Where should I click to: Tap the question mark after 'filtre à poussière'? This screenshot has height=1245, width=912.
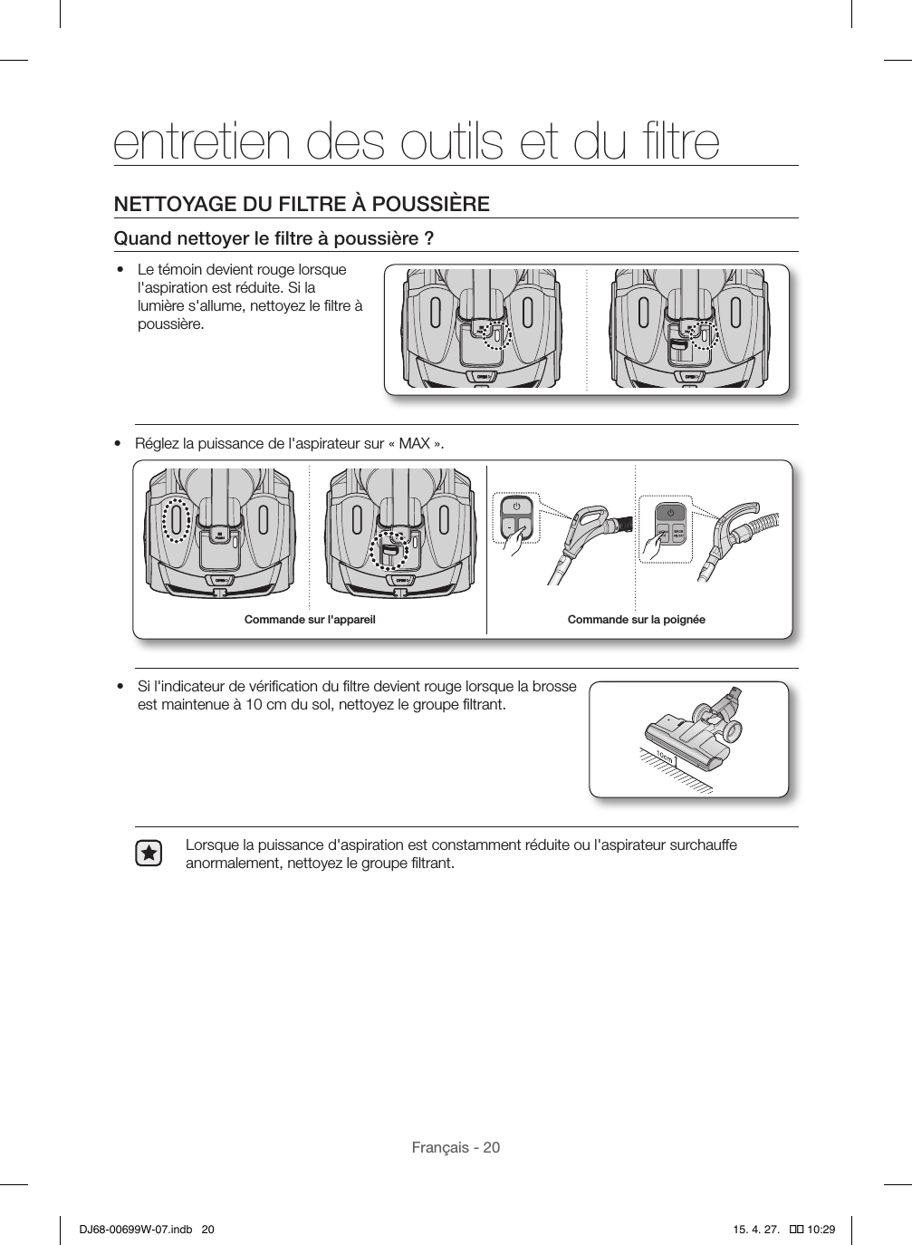pyautogui.click(x=427, y=239)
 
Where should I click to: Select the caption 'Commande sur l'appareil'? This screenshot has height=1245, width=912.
pyautogui.click(x=310, y=620)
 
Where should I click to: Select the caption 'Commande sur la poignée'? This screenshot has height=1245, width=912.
pyautogui.click(x=636, y=620)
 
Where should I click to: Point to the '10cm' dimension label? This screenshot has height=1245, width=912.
pyautogui.click(x=665, y=755)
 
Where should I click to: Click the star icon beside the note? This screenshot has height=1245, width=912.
pyautogui.click(x=149, y=854)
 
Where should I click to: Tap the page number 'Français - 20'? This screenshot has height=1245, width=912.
pyautogui.click(x=456, y=1147)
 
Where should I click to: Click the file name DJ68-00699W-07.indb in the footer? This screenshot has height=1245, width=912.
pyautogui.click(x=130, y=1230)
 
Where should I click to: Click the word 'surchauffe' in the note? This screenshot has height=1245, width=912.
pyautogui.click(x=702, y=845)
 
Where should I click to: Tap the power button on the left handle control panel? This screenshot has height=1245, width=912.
pyautogui.click(x=515, y=507)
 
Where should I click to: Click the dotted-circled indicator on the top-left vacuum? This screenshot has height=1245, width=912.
pyautogui.click(x=495, y=333)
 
